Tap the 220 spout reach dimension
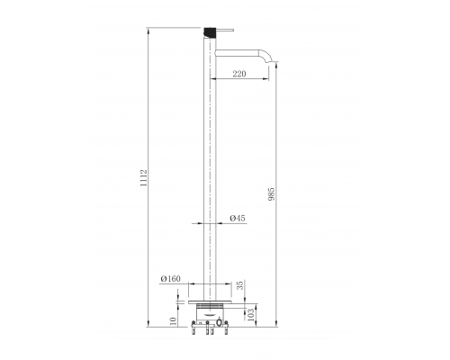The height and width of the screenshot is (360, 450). [238, 76]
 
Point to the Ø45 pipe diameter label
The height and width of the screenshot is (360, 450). [238, 219]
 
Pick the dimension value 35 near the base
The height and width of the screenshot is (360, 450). [240, 285]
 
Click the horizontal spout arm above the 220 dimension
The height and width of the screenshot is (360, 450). [243, 49]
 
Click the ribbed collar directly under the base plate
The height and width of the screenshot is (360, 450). [213, 310]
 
